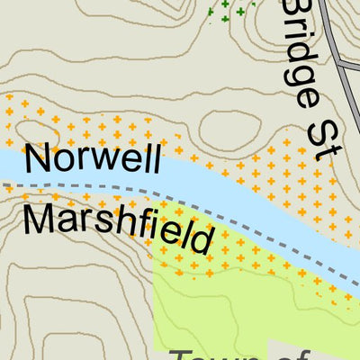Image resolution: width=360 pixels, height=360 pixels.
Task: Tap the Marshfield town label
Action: (119, 228)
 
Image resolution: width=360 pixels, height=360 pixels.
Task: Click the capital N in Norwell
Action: (39, 158)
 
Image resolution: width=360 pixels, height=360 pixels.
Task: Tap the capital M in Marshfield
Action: (39, 219)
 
